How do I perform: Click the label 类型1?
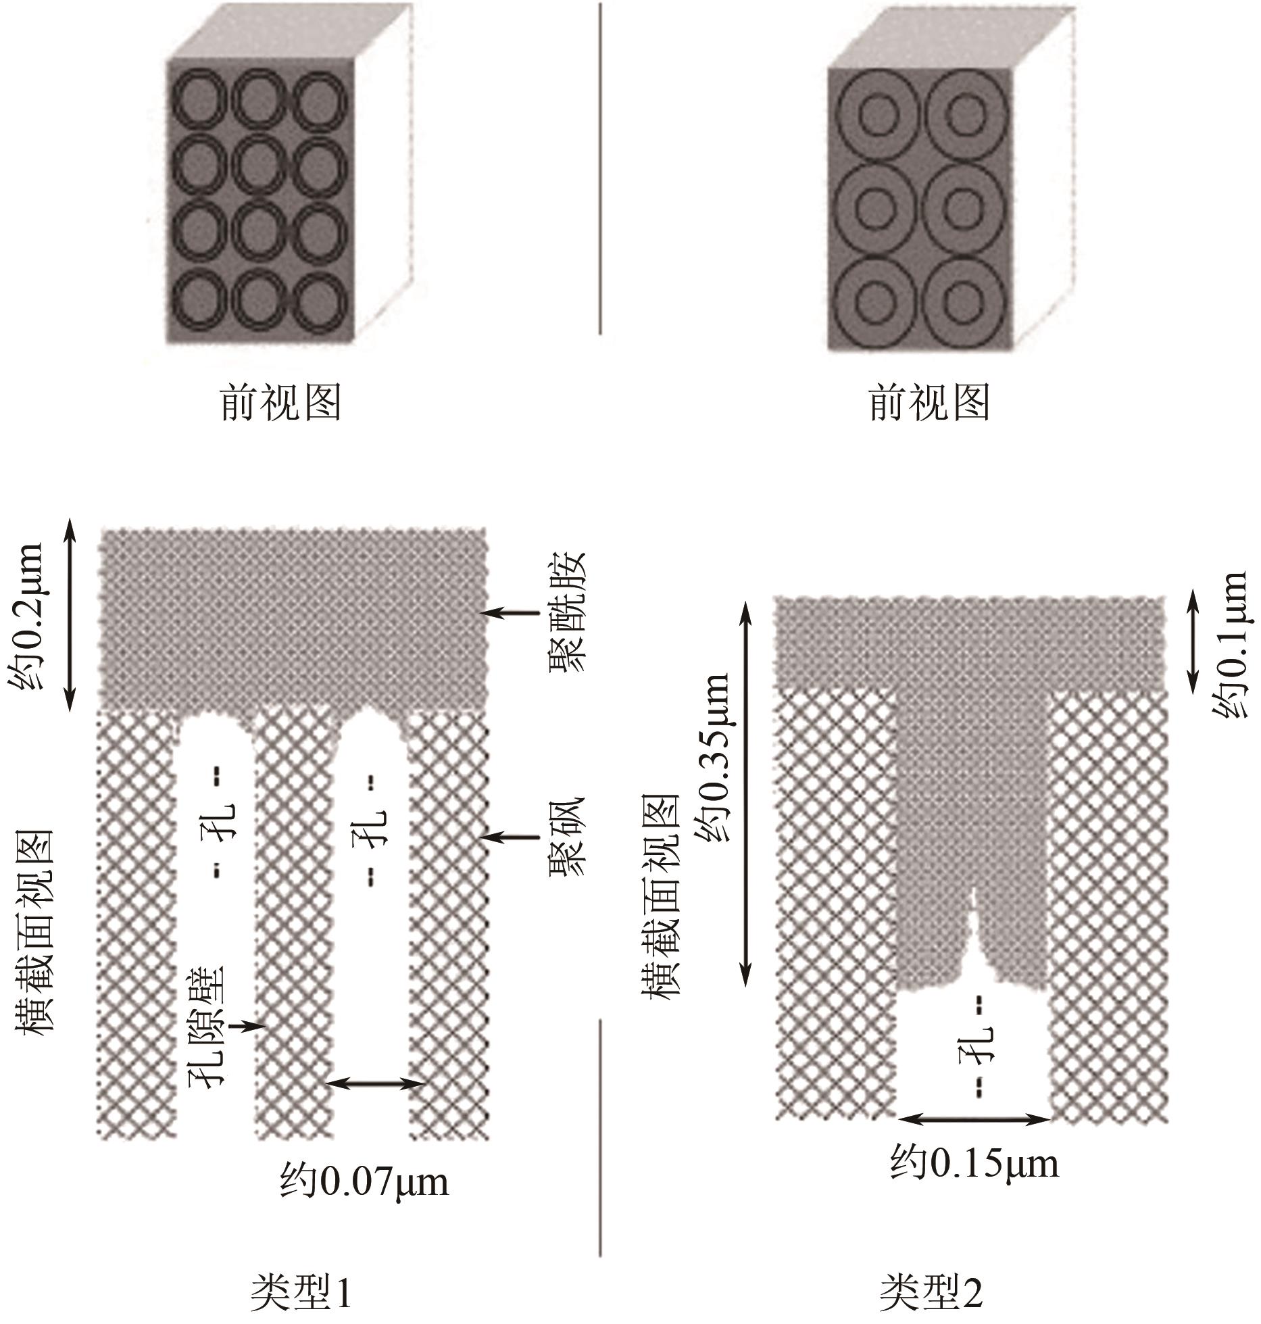click(x=301, y=1292)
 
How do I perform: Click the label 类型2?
click(x=931, y=1292)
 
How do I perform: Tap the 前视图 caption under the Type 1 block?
click(x=280, y=403)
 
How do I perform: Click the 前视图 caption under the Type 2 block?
click(x=929, y=403)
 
